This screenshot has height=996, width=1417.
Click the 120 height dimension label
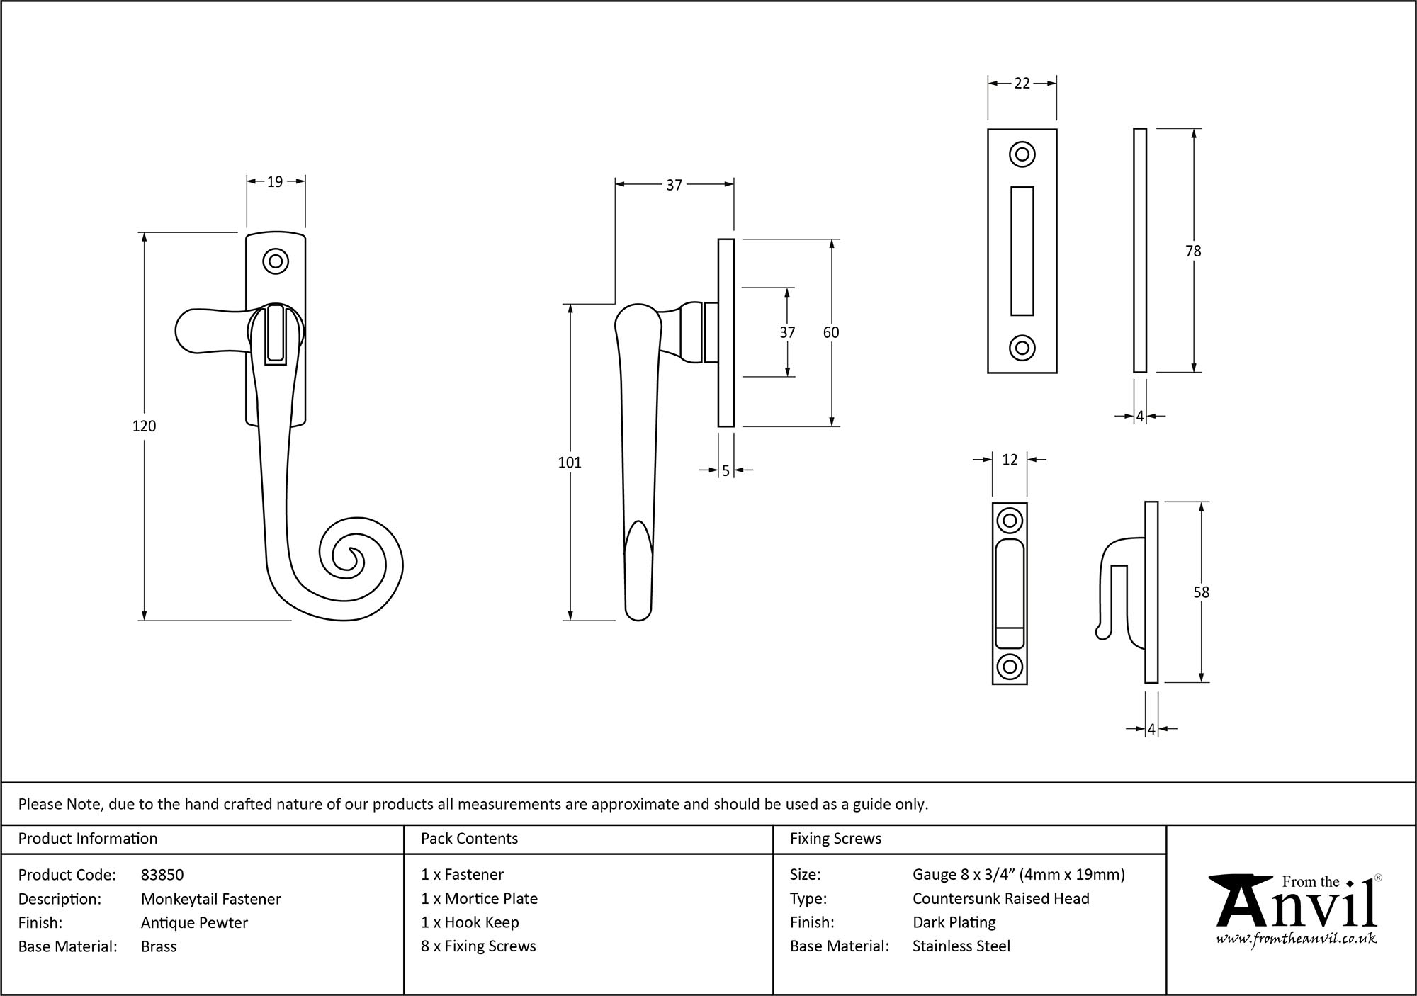coord(144,426)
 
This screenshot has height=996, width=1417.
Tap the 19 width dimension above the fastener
coord(275,182)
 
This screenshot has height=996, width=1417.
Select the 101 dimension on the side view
coord(570,463)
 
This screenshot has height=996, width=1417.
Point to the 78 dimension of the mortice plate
coord(1193,251)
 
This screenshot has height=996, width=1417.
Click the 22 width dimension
coord(1022,84)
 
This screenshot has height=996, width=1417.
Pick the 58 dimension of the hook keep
coord(1201,592)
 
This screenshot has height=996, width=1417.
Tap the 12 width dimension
coord(1010,460)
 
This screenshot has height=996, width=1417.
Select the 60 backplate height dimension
coord(831,332)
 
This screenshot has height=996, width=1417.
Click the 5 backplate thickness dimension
coord(726,470)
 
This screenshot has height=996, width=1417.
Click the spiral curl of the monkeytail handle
coord(352,560)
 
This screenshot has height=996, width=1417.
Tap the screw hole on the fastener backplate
coord(276,261)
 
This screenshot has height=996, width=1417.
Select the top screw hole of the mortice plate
coord(1022,154)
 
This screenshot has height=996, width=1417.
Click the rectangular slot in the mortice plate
coord(1022,251)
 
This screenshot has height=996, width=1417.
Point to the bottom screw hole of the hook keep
coord(1010,667)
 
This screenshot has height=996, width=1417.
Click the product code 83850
coord(162,875)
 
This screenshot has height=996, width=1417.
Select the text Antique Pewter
coord(194,922)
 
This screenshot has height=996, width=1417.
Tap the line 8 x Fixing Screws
coord(478,946)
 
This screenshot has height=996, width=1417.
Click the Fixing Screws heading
coord(835,839)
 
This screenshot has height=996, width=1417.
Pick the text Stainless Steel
coord(961,946)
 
